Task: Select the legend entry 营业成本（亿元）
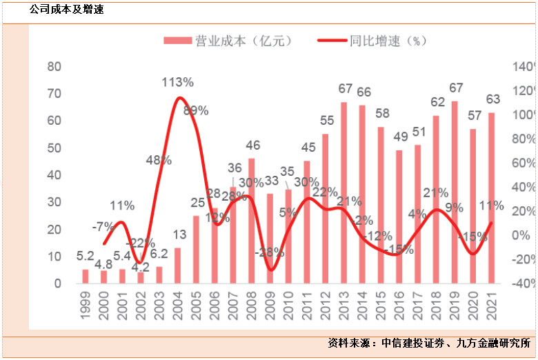point(228,41)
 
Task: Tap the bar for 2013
point(343,192)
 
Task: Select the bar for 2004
point(177,266)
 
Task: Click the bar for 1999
point(86,276)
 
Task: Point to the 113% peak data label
point(177,82)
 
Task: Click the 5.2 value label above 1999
point(85,257)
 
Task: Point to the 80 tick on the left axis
point(54,67)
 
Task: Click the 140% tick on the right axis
point(522,67)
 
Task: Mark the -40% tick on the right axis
point(522,283)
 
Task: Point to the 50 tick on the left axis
point(54,148)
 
